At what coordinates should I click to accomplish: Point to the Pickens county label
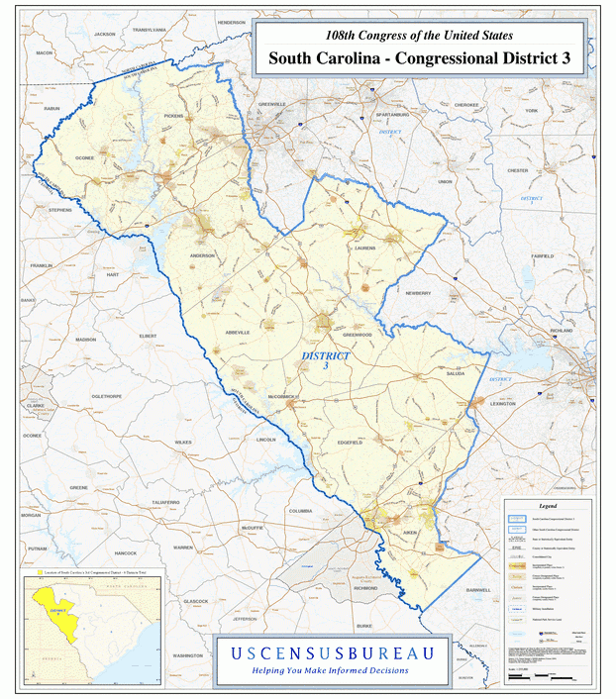tap(173, 116)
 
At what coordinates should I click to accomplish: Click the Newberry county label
tap(417, 293)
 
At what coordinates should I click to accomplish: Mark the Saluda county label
tap(456, 374)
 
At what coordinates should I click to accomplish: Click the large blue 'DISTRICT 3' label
tap(325, 359)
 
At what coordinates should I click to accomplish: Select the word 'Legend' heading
tap(548, 505)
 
